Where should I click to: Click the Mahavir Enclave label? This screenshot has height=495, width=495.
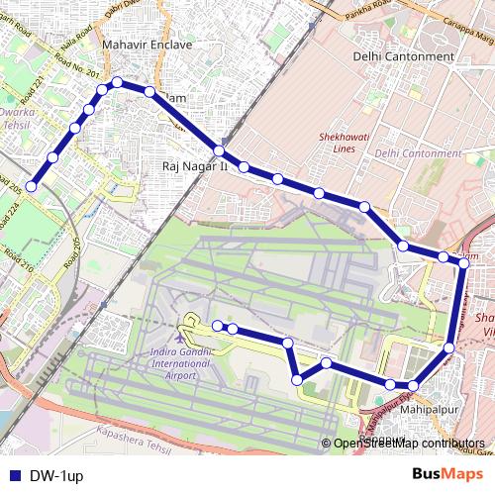coord(148,46)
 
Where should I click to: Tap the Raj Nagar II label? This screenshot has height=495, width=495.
coord(194,167)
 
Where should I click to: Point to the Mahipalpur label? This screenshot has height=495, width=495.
coord(428,408)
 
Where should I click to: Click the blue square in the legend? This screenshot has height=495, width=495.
coord(13,475)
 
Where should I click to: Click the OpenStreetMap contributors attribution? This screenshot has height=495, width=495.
coord(408,443)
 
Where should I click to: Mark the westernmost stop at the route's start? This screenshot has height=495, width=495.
coord(32,185)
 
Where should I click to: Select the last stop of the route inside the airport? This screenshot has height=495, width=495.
coord(218,325)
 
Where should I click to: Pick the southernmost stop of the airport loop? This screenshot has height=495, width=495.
coord(297,378)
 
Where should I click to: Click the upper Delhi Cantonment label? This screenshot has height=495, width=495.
coord(404,56)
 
